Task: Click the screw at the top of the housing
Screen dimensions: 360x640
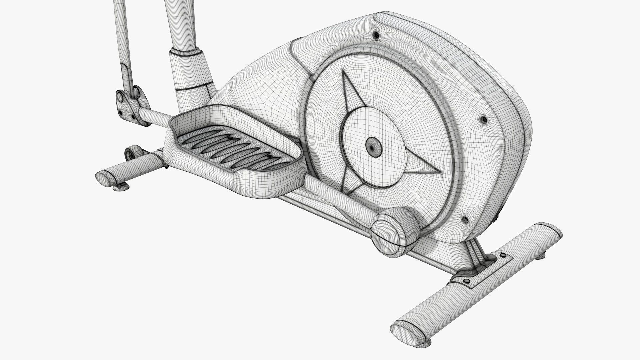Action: (376, 35)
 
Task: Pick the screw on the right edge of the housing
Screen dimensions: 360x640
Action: (484, 120)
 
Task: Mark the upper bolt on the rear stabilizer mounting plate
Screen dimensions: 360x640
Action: (503, 256)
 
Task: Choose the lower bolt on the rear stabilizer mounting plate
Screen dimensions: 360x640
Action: (466, 282)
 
